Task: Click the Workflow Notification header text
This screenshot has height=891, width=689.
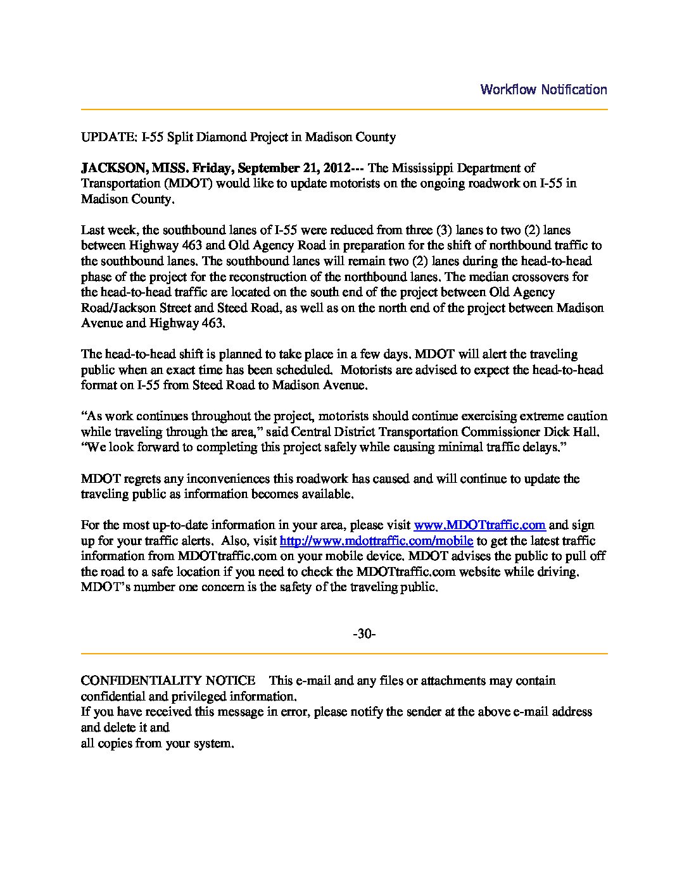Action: (x=543, y=89)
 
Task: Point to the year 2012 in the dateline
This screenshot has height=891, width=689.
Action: (x=336, y=168)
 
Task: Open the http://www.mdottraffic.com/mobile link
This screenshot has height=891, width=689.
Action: (x=376, y=541)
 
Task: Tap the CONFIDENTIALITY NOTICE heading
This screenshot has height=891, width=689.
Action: (x=168, y=681)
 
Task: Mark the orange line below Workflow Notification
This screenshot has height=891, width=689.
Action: (x=344, y=110)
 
